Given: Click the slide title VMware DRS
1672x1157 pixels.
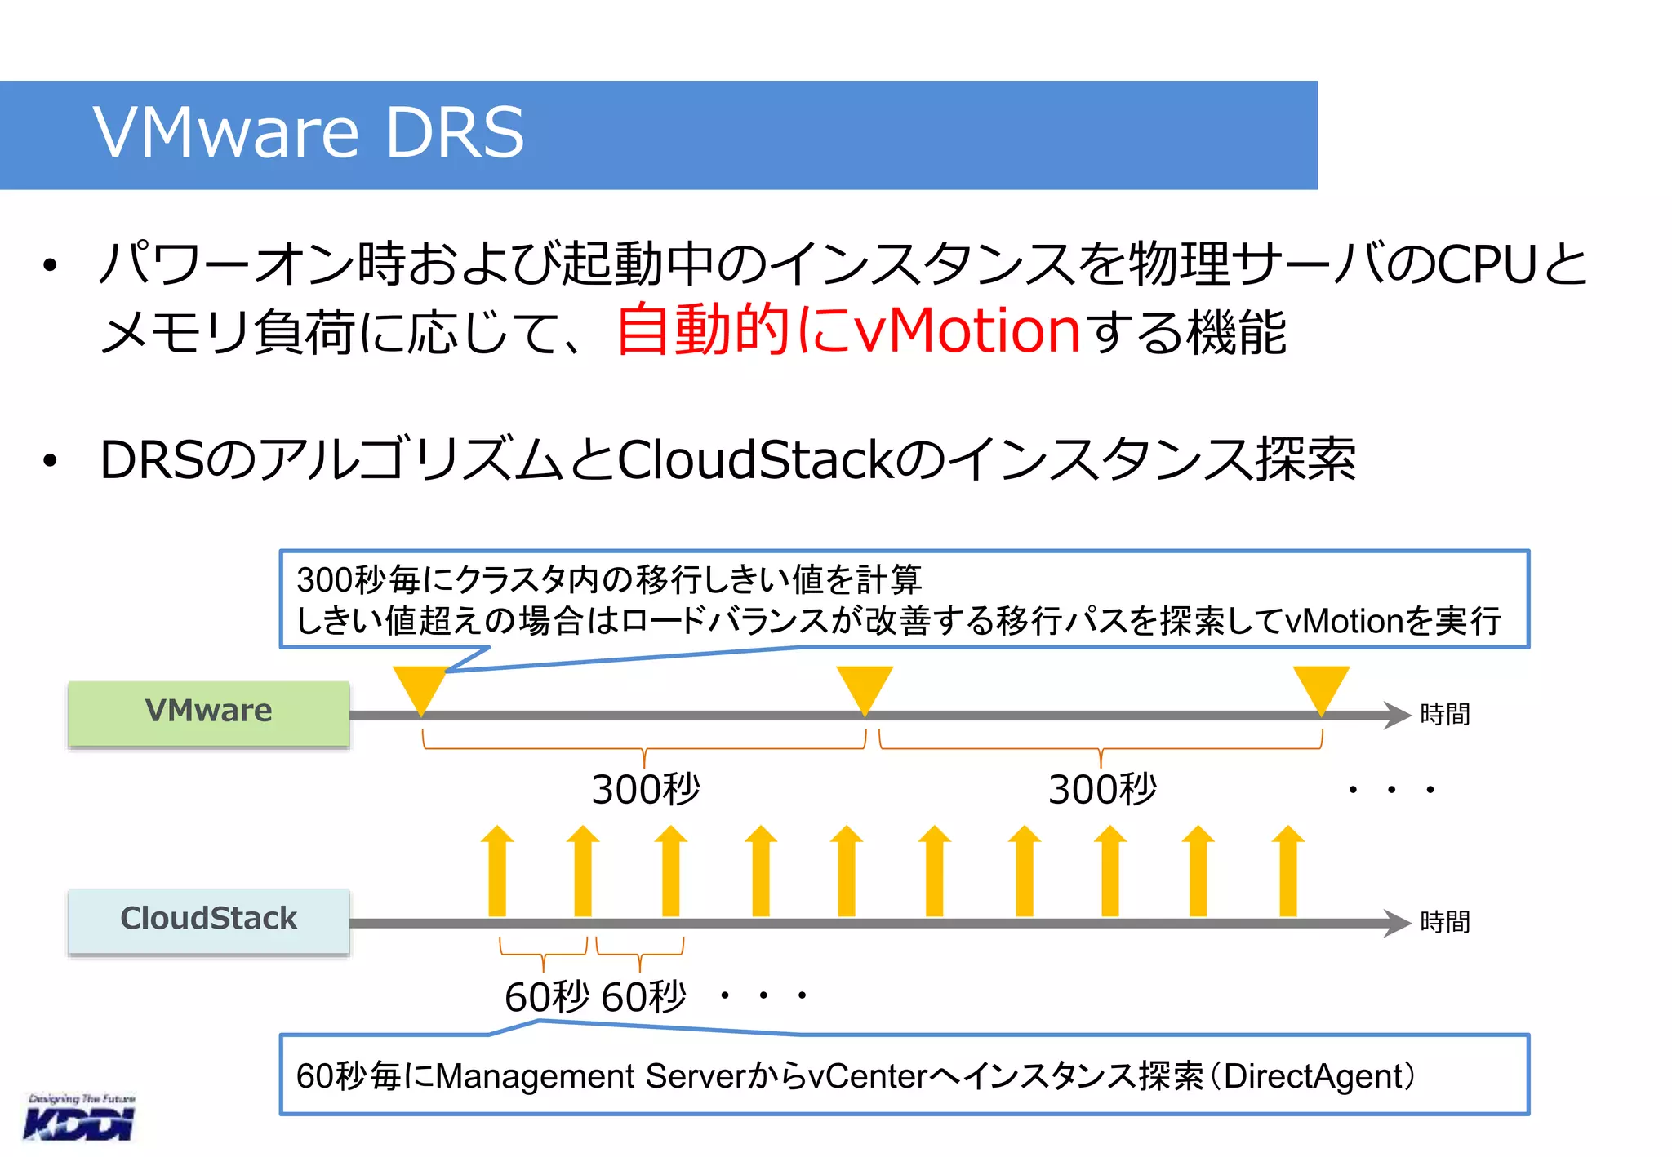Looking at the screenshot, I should (x=308, y=133).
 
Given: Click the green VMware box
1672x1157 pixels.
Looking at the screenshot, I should (x=209, y=711).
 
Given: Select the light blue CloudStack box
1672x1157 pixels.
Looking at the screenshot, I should (x=209, y=920).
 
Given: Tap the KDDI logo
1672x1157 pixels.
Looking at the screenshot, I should (x=80, y=1119).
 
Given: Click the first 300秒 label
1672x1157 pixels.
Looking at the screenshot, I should (x=646, y=790).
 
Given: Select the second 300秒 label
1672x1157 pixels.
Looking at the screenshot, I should (x=1102, y=790).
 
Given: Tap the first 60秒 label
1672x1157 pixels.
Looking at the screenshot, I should (x=546, y=997).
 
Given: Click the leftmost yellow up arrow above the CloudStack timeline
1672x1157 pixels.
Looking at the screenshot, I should (x=497, y=871).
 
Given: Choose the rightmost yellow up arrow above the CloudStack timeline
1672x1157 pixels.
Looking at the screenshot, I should (x=1287, y=871).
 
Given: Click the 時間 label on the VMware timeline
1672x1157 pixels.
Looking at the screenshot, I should (x=1444, y=715).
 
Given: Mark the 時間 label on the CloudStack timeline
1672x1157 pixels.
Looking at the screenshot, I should (x=1444, y=923).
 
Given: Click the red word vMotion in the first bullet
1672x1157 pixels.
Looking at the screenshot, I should (x=967, y=331).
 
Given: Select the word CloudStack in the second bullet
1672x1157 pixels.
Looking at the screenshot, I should (x=754, y=460).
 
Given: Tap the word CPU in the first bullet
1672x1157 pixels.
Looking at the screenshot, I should (x=1487, y=265).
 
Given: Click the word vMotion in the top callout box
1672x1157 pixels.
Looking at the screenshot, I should (x=1344, y=622).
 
